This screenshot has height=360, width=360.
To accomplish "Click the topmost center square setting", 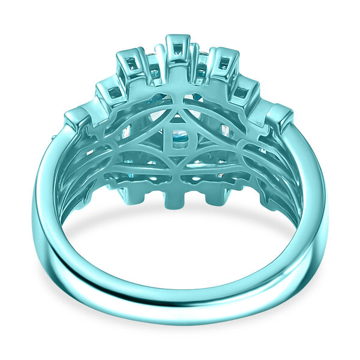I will [178, 48].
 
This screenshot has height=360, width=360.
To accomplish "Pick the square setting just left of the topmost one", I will [133, 63].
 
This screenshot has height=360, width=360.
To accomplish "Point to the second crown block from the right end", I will [245, 92].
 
